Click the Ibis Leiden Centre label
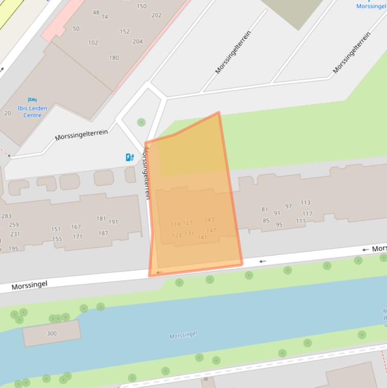(x=32, y=111)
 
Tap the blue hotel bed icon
(x=33, y=100)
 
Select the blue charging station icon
(x=130, y=157)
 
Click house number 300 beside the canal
(x=51, y=333)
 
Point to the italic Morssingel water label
(x=183, y=335)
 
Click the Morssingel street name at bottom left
(x=29, y=285)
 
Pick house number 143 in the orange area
(x=209, y=219)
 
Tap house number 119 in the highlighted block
(x=175, y=224)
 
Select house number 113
(x=305, y=203)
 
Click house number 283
(x=7, y=216)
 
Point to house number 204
(x=137, y=42)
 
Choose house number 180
(x=114, y=57)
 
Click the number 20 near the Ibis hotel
(x=8, y=113)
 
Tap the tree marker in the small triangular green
(x=141, y=122)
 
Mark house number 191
(x=113, y=222)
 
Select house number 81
(x=265, y=210)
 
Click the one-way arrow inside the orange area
(x=160, y=272)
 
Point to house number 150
(x=141, y=6)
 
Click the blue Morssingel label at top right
(x=371, y=6)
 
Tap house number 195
(x=13, y=249)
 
